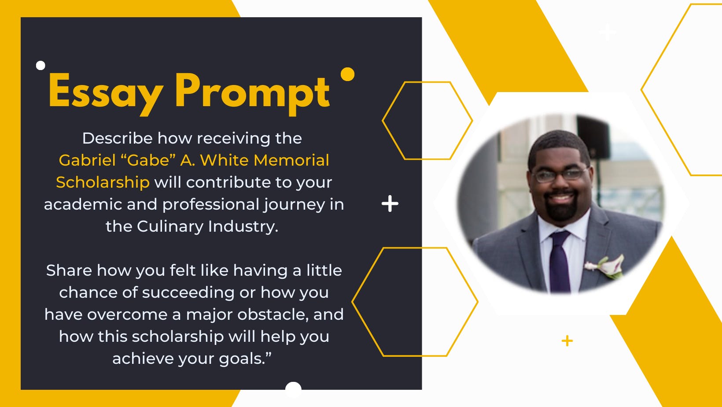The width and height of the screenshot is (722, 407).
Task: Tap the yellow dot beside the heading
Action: [347, 74]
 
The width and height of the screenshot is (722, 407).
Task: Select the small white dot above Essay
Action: [41, 65]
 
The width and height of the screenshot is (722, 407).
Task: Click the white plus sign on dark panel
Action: [390, 203]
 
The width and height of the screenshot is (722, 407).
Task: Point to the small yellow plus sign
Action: [567, 341]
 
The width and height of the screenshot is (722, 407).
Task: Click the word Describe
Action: [117, 138]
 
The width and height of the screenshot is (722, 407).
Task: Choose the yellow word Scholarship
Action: [103, 182]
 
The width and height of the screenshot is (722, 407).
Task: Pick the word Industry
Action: [243, 227]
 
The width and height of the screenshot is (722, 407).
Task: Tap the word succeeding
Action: [188, 293]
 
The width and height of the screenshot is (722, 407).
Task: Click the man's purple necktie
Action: [560, 261]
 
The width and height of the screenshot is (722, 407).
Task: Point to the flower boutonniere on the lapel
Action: [605, 266]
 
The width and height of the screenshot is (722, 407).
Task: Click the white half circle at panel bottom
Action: [293, 386]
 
